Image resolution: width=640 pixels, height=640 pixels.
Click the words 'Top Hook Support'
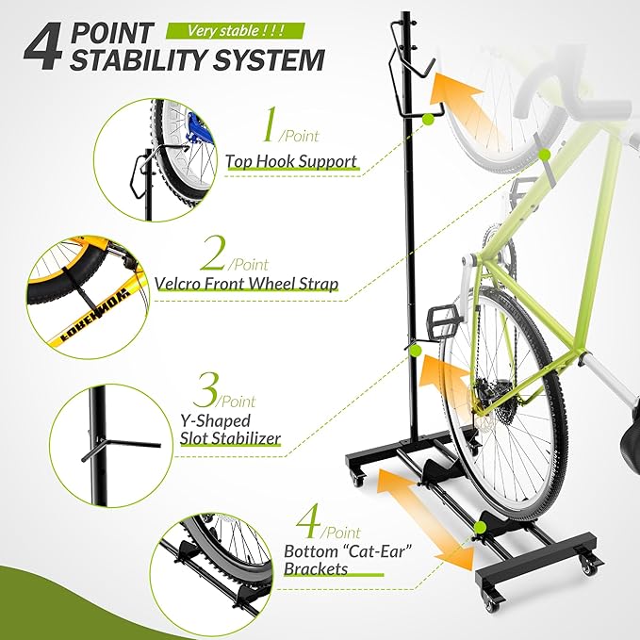[291, 161]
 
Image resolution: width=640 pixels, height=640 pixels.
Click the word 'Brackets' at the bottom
[316, 568]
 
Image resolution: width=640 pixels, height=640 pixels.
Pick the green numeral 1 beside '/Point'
[271, 127]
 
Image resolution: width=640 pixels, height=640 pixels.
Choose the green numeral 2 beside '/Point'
[216, 254]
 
